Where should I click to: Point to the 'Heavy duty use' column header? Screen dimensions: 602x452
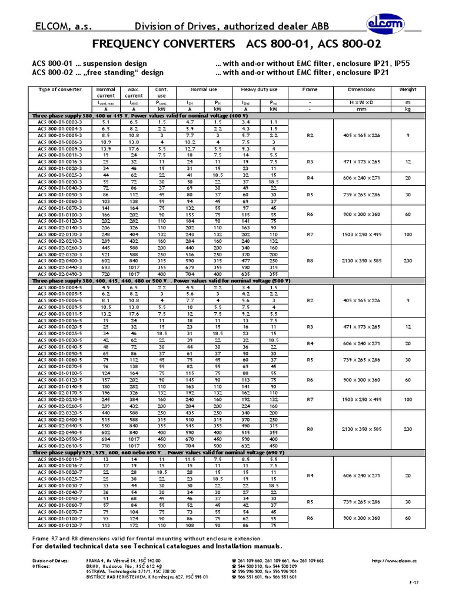tap(260, 89)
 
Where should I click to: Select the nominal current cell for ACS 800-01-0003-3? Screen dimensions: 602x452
tap(105, 122)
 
